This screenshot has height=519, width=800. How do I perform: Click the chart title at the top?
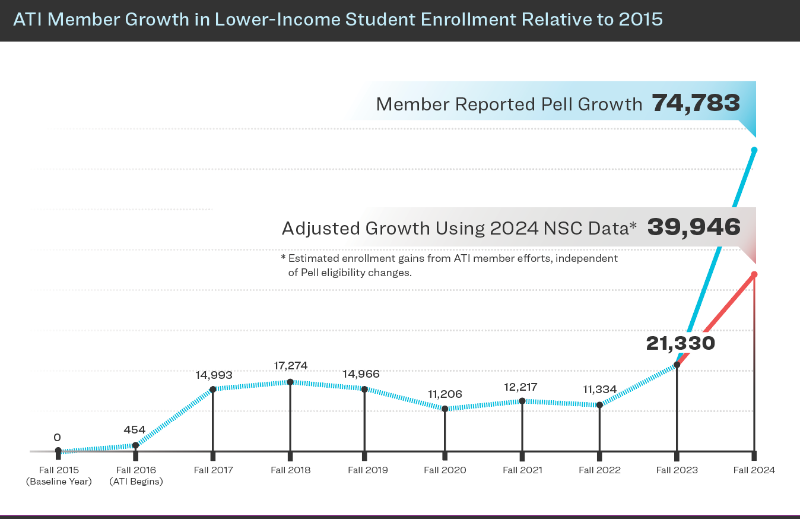338,20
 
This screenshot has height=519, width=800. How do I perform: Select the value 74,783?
696,103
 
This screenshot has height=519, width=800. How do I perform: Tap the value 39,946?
694,227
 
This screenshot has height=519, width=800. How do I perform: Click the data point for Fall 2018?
290,382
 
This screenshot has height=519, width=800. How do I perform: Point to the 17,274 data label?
291,365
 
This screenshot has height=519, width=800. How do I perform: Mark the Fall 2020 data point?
445,409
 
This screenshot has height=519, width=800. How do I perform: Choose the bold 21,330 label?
680,343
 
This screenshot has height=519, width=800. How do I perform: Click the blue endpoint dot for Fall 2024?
754,150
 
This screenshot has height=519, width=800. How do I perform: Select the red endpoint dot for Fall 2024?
754,274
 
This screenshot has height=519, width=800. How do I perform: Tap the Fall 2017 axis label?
214,470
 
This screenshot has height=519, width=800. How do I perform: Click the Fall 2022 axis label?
599,470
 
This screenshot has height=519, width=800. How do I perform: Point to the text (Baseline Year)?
59,482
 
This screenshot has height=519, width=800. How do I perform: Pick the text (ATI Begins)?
136,482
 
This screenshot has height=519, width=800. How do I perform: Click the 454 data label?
135,429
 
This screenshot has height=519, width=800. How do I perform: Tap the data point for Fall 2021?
522,401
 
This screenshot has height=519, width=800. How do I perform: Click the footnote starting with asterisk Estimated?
449,265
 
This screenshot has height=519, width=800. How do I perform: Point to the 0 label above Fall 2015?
57,437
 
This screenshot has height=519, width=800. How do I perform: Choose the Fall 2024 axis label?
754,470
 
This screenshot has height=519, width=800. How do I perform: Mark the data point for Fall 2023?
677,365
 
